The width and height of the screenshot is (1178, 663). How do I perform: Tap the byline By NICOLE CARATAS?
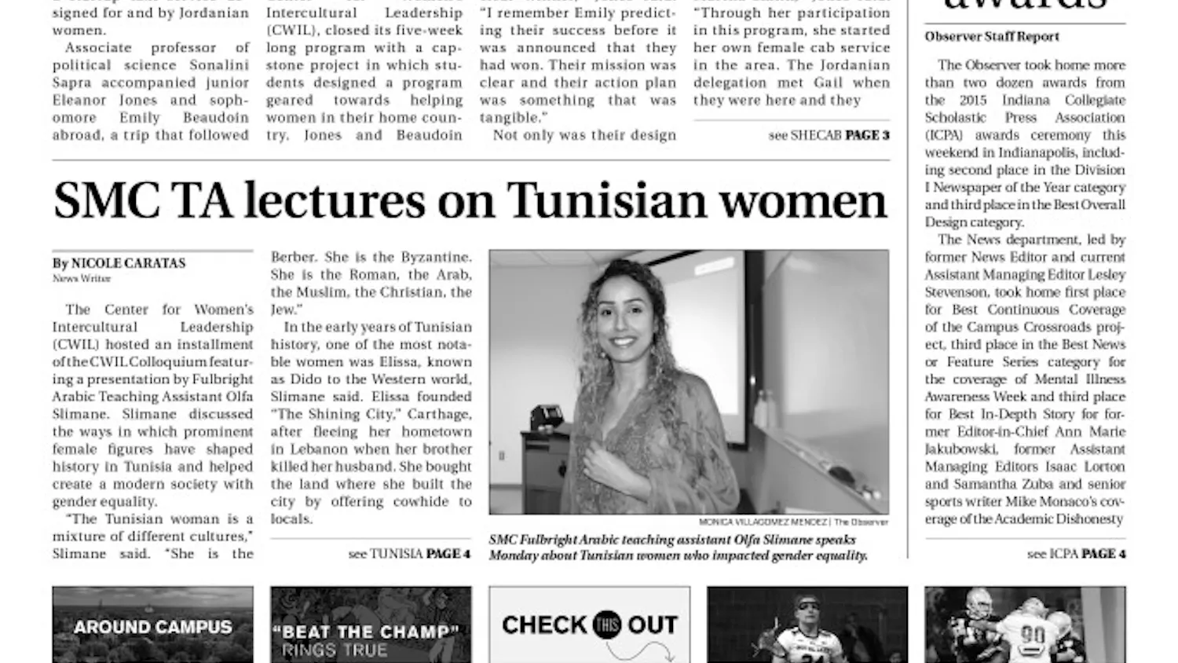tap(119, 263)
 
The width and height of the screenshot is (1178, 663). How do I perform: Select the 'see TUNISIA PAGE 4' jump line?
tap(409, 554)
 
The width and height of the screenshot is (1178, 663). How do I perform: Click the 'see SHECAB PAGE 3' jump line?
tap(829, 135)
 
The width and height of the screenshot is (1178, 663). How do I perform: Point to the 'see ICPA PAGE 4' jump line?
tap(1076, 554)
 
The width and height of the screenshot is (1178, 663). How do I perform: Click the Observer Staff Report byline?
tap(991, 37)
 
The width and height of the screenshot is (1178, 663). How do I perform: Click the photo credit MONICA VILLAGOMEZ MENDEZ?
tap(763, 522)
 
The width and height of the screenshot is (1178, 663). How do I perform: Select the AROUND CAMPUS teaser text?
tap(153, 628)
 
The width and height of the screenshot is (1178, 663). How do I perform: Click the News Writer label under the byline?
tap(82, 278)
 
